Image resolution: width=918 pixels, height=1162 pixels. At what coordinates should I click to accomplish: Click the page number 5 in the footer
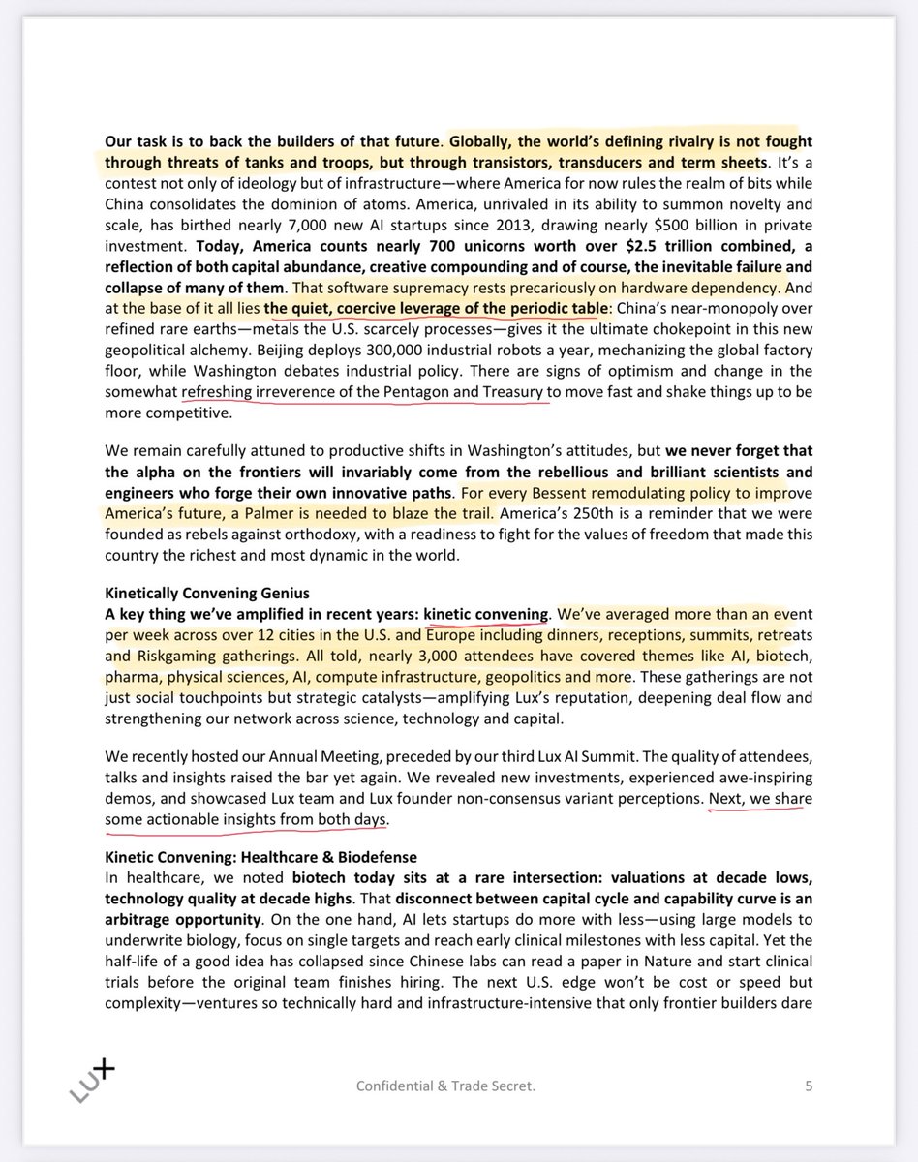pos(808,1086)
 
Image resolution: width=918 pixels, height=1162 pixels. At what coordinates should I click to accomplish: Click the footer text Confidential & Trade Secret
pos(445,1086)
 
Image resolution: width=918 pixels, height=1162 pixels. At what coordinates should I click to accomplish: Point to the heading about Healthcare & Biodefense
pos(261,858)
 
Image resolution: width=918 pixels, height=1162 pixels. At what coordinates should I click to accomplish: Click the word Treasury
pos(510,393)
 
